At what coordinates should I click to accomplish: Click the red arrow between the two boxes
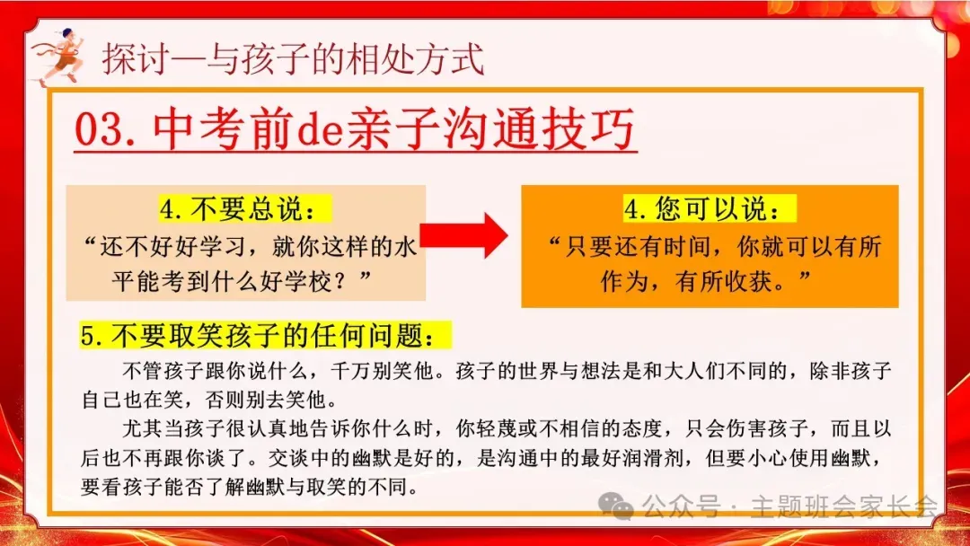pyautogui.click(x=464, y=235)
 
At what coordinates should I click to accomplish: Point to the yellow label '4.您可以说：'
pyautogui.click(x=710, y=210)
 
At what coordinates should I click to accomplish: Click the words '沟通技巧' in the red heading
pyautogui.click(x=538, y=133)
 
